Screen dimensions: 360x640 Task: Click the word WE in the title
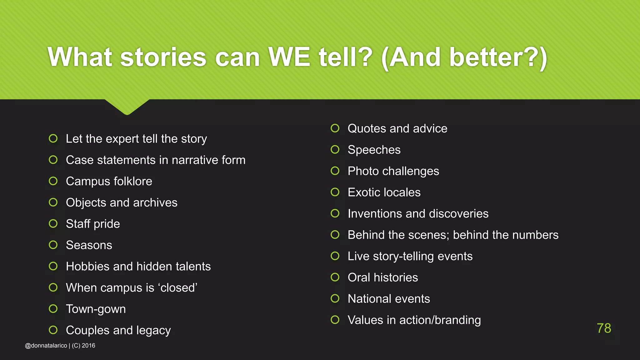[289, 57]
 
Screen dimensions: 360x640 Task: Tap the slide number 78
[604, 328]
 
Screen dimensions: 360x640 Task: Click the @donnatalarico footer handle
[46, 346]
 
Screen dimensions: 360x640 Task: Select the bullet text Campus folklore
[109, 181]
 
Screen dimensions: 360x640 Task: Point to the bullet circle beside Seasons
[53, 245]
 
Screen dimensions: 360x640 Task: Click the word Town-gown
[96, 309]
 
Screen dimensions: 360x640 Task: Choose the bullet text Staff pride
[93, 224]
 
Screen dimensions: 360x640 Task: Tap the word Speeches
[374, 150]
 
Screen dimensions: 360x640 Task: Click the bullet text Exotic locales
[384, 192]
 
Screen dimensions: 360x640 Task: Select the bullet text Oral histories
[383, 277]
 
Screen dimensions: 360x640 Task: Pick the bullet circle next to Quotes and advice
[335, 128]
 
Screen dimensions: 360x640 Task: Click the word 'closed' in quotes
[178, 288]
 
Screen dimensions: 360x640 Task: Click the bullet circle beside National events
[335, 298]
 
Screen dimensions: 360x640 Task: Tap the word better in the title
[486, 57]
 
